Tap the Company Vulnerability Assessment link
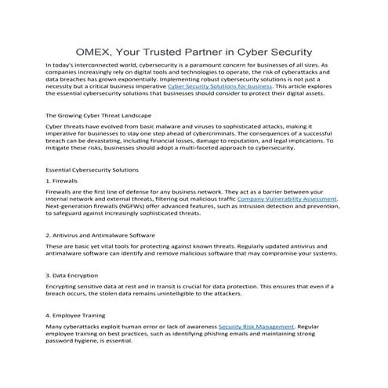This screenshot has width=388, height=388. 287,200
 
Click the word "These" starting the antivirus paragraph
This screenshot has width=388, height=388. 56,245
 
